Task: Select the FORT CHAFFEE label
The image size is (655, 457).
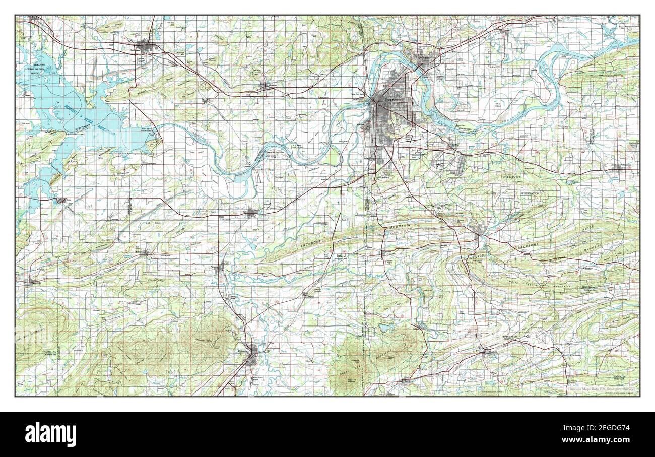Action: pos(513,177)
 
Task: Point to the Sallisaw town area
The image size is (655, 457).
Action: pos(145,48)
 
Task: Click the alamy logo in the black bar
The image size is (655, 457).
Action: pos(51,434)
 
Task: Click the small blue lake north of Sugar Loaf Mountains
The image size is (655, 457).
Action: pos(385,328)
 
